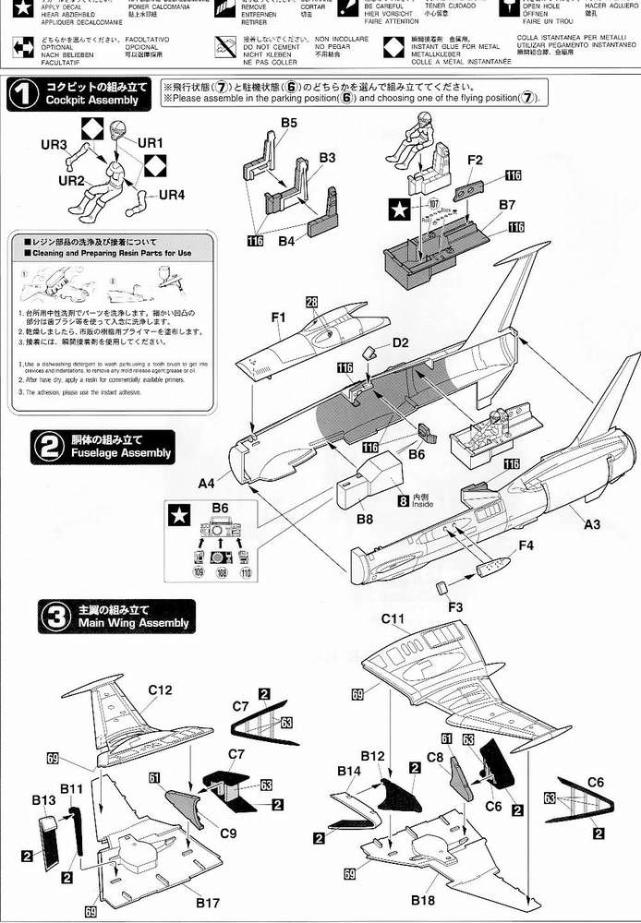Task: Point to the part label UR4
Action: [x=171, y=195]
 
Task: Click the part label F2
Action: [x=475, y=159]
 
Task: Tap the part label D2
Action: [x=400, y=342]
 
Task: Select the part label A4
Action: [x=206, y=482]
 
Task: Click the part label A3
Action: [x=592, y=524]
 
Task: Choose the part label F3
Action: [x=454, y=608]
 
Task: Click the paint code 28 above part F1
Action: [x=312, y=303]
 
